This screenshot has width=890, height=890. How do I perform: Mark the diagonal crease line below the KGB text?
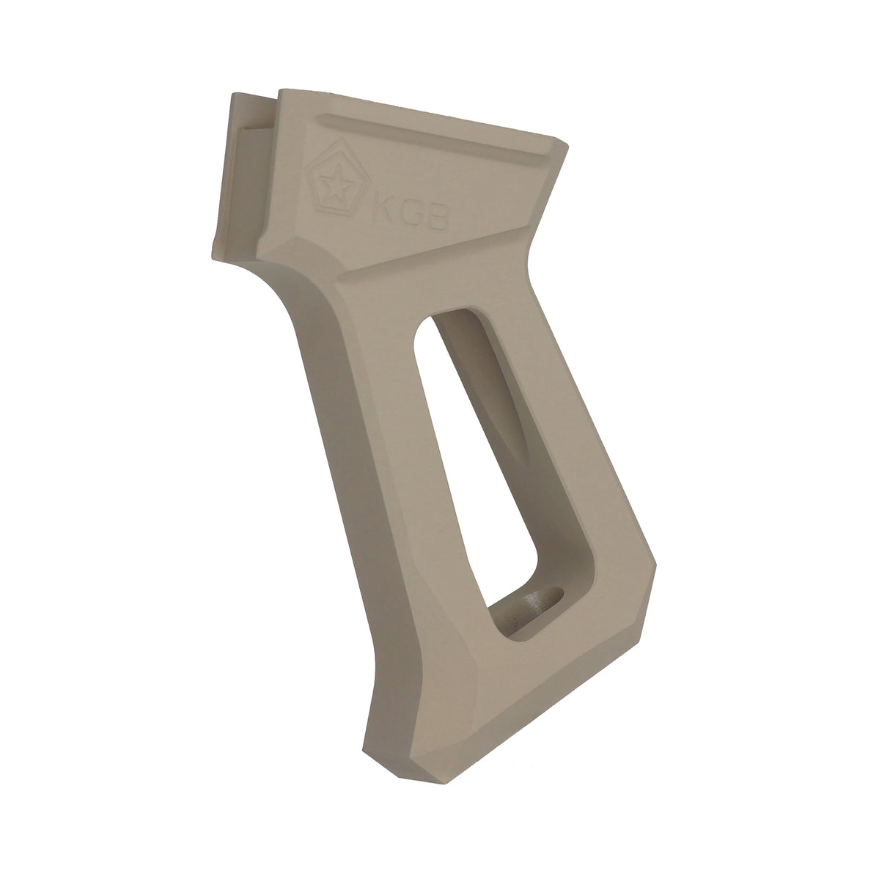point(440,260)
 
